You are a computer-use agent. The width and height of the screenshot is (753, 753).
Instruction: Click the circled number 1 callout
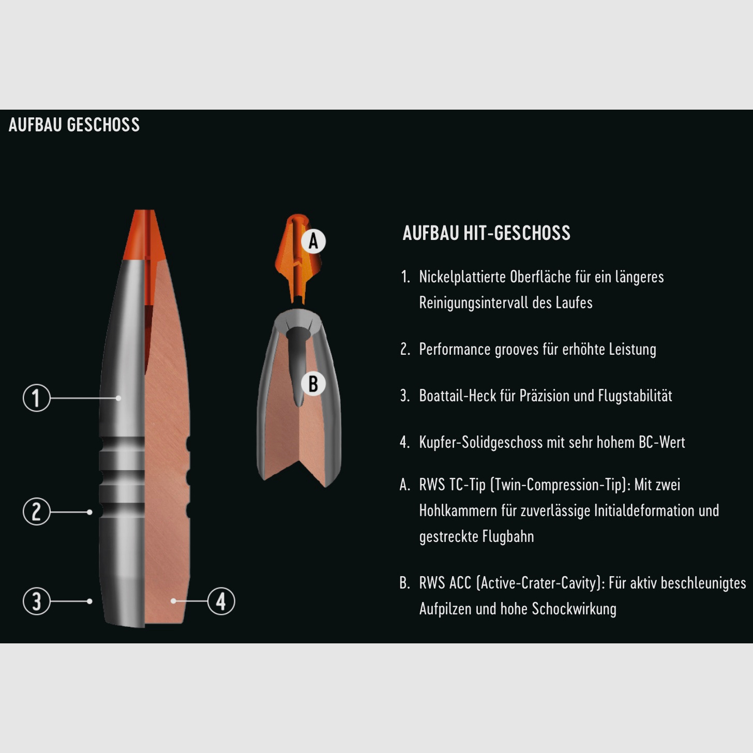36,398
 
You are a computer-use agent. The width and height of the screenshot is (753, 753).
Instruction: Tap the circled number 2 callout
36,511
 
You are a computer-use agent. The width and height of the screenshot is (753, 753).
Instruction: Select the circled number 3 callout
36,601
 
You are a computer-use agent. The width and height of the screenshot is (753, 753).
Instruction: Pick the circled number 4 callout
221,601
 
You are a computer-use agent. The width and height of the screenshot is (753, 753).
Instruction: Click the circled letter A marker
313,241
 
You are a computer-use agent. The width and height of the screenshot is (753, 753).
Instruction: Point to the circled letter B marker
313,384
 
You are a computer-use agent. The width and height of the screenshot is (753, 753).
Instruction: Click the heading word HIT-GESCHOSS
517,233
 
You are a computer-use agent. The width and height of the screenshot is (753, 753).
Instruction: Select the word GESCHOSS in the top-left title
103,125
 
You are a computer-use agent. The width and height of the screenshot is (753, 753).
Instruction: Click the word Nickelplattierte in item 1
462,277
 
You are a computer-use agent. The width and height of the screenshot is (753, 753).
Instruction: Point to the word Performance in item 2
455,349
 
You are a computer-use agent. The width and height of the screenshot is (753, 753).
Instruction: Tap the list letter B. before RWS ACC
404,583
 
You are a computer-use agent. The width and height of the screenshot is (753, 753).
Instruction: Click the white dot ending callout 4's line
174,601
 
